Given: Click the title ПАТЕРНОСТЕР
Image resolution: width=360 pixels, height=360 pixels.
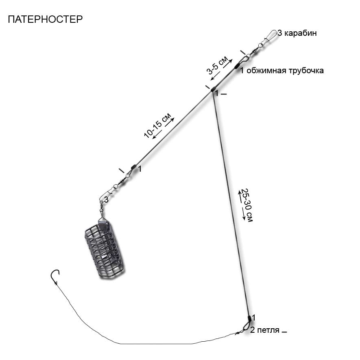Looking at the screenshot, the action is coord(45,19).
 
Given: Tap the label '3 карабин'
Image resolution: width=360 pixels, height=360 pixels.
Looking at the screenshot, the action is coord(297,33).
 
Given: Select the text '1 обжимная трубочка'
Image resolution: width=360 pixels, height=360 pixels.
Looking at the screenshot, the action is coord(282,70).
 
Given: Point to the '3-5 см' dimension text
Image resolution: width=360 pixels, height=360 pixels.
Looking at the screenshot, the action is coord(217,65).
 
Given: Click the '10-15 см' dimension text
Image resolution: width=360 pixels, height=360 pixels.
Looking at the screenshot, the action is coord(157,126).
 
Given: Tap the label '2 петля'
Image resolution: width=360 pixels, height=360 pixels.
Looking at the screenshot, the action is coord(265,330).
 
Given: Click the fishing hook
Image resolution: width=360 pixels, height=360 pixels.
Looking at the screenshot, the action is coord(55,277).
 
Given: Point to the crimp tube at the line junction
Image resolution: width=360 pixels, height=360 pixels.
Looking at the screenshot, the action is coord(213,89).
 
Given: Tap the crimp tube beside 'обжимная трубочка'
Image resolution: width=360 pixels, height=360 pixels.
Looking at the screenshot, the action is coord(237,66).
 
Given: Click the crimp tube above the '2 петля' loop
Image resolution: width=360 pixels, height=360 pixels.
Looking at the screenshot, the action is coord(249,319).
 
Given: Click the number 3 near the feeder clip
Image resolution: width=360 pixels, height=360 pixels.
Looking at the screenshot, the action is coord(106,200).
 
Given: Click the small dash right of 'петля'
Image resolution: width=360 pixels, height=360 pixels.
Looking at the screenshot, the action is coord(284,332).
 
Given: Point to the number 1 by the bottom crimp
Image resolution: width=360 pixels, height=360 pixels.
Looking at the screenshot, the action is coord(253,318).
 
